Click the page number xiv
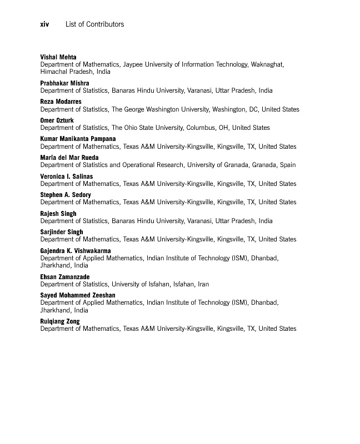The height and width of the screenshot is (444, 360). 45,24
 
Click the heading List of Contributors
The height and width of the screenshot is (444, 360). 94,24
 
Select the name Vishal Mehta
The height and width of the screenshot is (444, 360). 58,57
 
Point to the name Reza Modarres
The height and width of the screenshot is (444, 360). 61,102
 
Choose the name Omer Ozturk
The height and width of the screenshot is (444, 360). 57,120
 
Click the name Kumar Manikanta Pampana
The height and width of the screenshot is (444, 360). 78,139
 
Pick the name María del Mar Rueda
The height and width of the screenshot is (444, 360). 69,158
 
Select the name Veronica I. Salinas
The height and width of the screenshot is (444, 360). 67,176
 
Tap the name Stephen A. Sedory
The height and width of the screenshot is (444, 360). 66,195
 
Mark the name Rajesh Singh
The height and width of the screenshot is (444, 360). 58,214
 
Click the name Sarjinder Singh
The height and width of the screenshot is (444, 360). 62,232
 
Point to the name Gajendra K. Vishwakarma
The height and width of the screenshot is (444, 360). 75,251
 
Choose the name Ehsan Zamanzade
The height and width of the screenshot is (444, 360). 64,277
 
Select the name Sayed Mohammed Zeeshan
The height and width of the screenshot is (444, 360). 78,295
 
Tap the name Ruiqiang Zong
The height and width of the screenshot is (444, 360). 60,321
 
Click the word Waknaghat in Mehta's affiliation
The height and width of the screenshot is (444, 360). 267,64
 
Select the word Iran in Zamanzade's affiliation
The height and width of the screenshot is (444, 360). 203,284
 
